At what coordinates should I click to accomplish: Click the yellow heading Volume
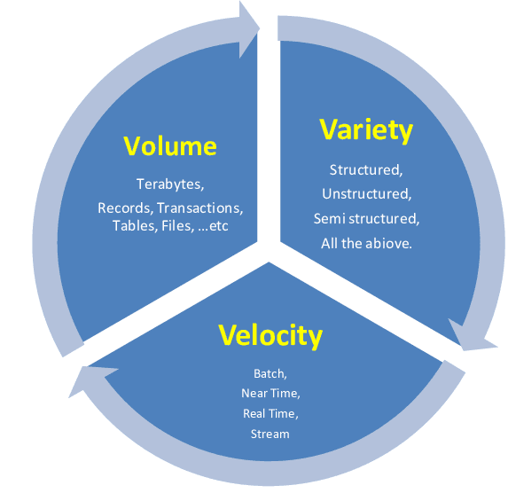[x=170, y=146]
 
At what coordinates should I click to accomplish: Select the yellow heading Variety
[x=366, y=130]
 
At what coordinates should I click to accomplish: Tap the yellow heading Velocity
[x=270, y=336]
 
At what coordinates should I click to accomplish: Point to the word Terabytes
[x=170, y=184]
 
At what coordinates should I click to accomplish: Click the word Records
[x=125, y=208]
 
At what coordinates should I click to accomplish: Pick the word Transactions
[x=199, y=208]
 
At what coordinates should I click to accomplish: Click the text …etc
[x=213, y=226]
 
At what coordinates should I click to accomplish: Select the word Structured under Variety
[x=366, y=170]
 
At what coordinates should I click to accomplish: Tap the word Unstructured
[x=367, y=194]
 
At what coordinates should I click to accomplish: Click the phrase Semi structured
[x=366, y=218]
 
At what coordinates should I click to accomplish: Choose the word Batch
[x=270, y=373]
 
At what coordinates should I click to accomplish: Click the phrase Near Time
[x=270, y=393]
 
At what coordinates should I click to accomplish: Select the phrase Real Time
[x=270, y=413]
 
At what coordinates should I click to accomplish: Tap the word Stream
[x=270, y=434]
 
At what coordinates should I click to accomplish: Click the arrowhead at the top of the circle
[x=248, y=29]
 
